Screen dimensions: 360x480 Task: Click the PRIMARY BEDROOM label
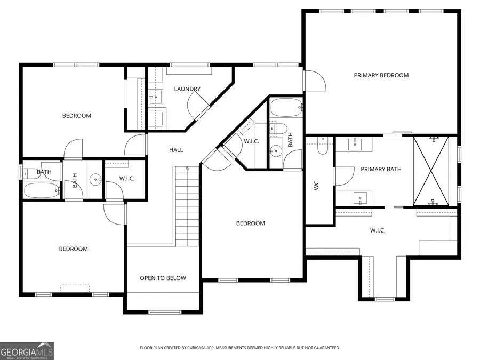pyautogui.click(x=381, y=75)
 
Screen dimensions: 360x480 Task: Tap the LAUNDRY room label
pyautogui.click(x=187, y=89)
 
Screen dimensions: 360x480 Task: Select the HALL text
pyautogui.click(x=176, y=150)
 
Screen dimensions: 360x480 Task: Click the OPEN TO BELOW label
pyautogui.click(x=163, y=278)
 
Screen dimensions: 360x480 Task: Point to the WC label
pyautogui.click(x=316, y=186)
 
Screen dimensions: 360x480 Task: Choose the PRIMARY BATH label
pyautogui.click(x=381, y=170)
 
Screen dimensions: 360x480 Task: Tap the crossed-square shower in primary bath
pyautogui.click(x=431, y=171)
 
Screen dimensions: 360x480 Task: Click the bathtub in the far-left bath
pyautogui.click(x=42, y=190)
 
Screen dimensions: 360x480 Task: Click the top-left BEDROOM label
pyautogui.click(x=76, y=116)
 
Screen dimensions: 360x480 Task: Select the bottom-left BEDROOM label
pyautogui.click(x=73, y=249)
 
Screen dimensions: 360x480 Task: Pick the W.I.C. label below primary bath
pyautogui.click(x=378, y=230)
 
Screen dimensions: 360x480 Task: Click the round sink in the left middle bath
pyautogui.click(x=95, y=179)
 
